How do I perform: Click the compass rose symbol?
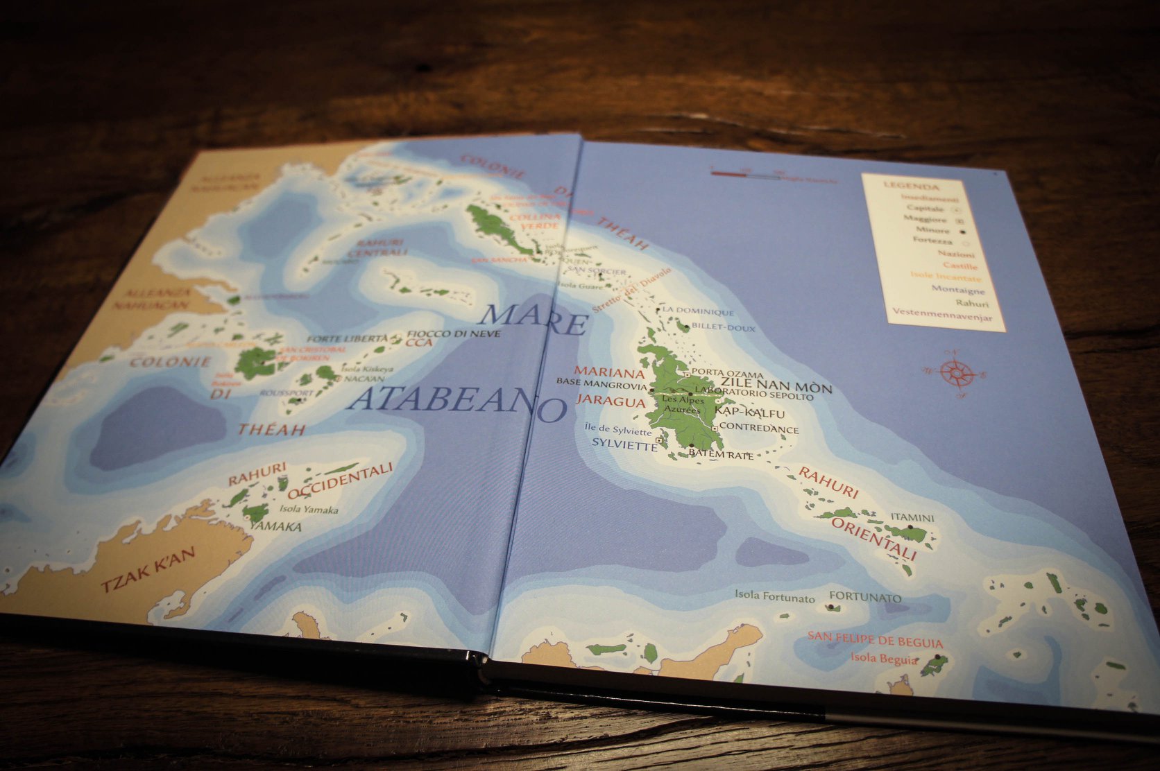point(955,373)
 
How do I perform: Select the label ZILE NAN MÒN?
point(776,385)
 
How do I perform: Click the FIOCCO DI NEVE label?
point(454,333)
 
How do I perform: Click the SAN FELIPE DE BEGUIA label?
point(874,641)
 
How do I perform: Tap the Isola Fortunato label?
point(774,596)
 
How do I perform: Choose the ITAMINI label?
point(912,517)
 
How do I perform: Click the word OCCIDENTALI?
point(340,481)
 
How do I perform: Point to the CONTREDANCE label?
point(759,428)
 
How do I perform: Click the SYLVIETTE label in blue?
point(624,446)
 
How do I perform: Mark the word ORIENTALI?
point(874,537)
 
